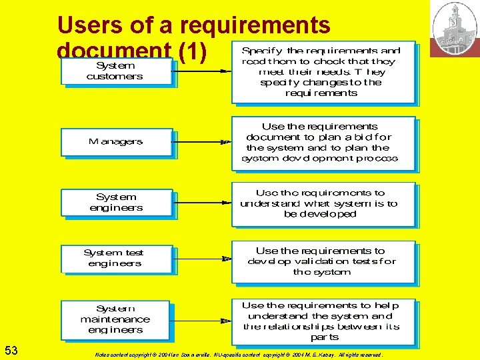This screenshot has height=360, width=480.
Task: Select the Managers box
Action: pyautogui.click(x=116, y=142)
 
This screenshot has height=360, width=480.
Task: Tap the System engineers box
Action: pyautogui.click(x=116, y=203)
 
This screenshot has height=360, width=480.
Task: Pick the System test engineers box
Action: pyautogui.click(x=116, y=258)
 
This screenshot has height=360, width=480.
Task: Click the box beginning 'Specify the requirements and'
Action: pyautogui.click(x=323, y=72)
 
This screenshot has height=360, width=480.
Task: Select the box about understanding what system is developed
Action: pyautogui.click(x=323, y=204)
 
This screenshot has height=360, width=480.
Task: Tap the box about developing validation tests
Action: pyautogui.click(x=323, y=261)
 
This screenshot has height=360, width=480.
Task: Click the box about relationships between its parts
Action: pyautogui.click(x=323, y=321)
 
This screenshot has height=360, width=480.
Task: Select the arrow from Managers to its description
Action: pyautogui.click(x=202, y=139)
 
